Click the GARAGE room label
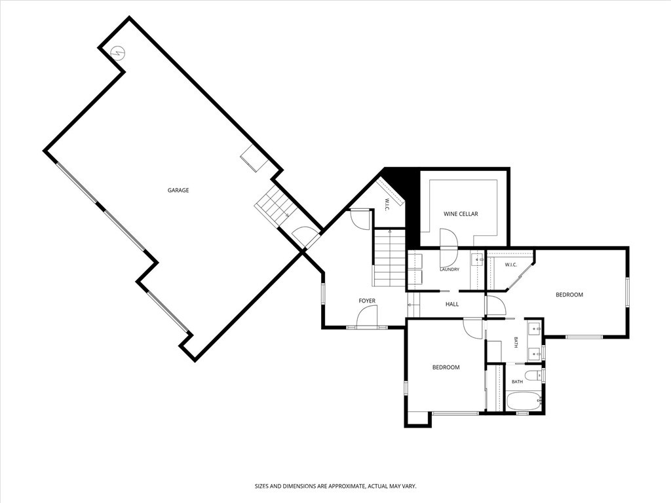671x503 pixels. [178, 191]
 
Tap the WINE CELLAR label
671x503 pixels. [461, 214]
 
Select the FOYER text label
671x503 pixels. [367, 301]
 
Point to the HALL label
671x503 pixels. [452, 304]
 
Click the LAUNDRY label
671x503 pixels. [450, 269]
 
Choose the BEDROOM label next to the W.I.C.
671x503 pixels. [569, 295]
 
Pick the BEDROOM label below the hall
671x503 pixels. [446, 367]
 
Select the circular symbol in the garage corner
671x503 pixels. [118, 53]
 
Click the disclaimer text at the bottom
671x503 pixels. [335, 487]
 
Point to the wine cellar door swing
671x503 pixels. [449, 246]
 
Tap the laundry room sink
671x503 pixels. [477, 259]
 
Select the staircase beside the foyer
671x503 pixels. [390, 258]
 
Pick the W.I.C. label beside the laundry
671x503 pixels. [511, 265]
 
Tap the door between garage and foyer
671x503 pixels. [305, 236]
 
